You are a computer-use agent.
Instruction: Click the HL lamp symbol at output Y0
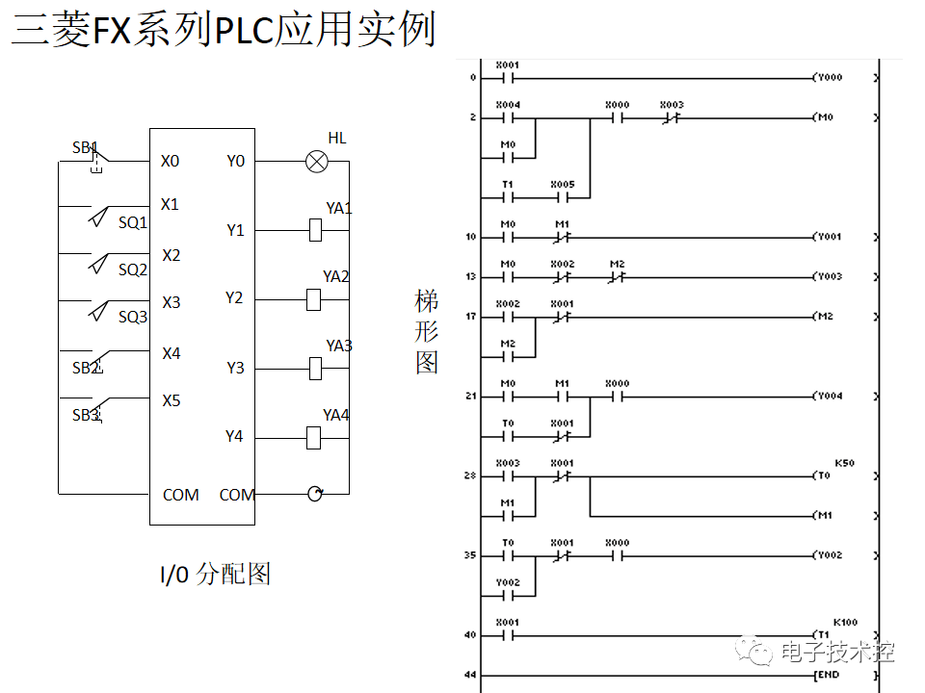316,162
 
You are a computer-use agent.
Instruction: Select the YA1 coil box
314,230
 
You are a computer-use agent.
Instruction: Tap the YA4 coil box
314,438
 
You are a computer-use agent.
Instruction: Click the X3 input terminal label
171,302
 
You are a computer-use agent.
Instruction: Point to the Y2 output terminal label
234,297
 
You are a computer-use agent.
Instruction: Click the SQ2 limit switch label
133,269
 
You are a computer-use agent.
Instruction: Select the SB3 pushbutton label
86,416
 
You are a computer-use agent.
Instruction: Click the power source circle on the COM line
314,494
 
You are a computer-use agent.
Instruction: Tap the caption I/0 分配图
215,575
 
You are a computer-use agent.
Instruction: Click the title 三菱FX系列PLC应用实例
223,29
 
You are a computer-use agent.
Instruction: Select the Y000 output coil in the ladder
828,77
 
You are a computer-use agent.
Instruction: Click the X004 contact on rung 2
508,117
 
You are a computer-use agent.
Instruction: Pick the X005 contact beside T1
562,197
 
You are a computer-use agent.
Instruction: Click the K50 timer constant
844,463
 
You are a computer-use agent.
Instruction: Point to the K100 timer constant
845,623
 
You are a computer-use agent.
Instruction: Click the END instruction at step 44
828,675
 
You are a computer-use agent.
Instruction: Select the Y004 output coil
828,396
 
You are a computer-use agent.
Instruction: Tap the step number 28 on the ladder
470,476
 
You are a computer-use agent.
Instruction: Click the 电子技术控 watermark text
837,652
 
